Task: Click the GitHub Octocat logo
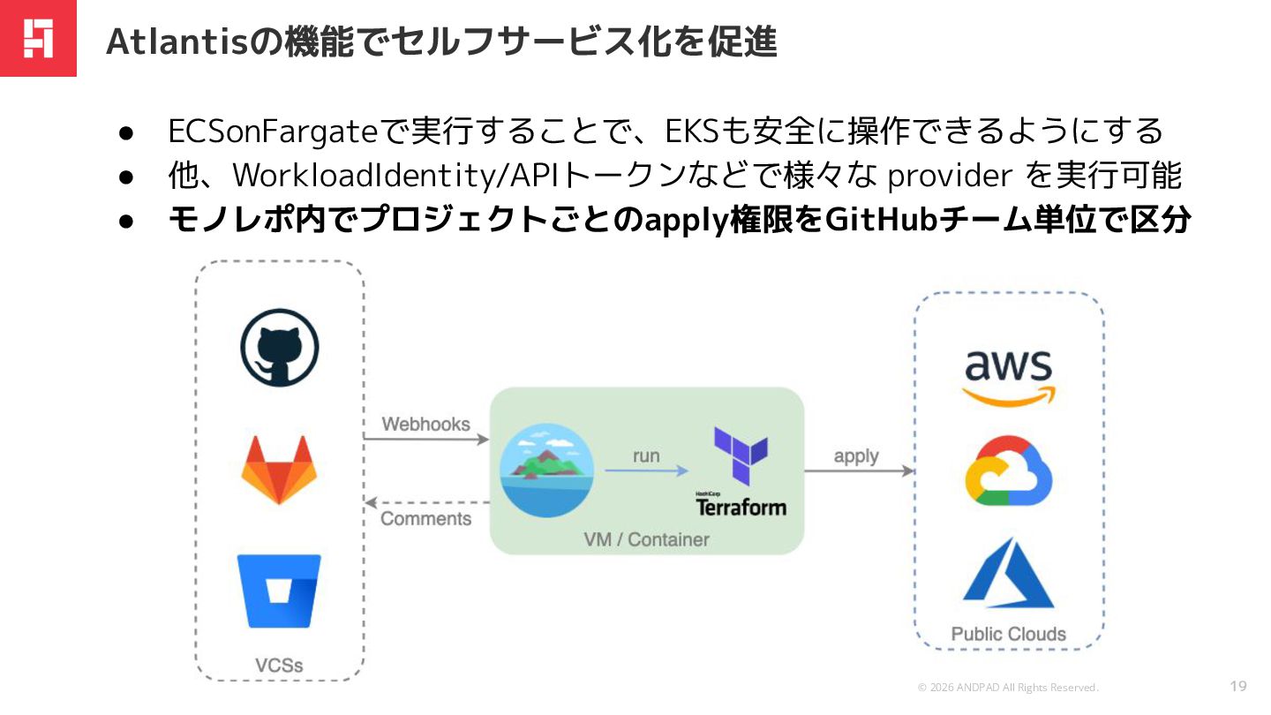279,348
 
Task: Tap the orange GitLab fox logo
279,469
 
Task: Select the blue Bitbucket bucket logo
279,591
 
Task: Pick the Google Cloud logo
1008,473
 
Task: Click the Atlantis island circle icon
546,471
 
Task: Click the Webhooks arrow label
425,425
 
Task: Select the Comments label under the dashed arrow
425,518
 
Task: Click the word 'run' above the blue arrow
646,456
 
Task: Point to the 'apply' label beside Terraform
856,456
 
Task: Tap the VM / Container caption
646,539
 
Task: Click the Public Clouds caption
1008,634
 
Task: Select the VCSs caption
279,665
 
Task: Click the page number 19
1237,686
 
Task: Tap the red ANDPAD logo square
38,38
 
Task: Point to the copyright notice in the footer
1008,688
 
